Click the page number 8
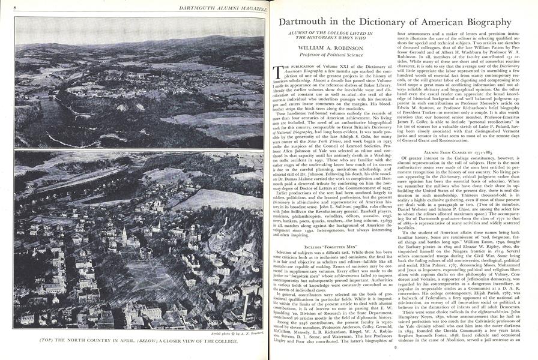coord(7,6)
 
